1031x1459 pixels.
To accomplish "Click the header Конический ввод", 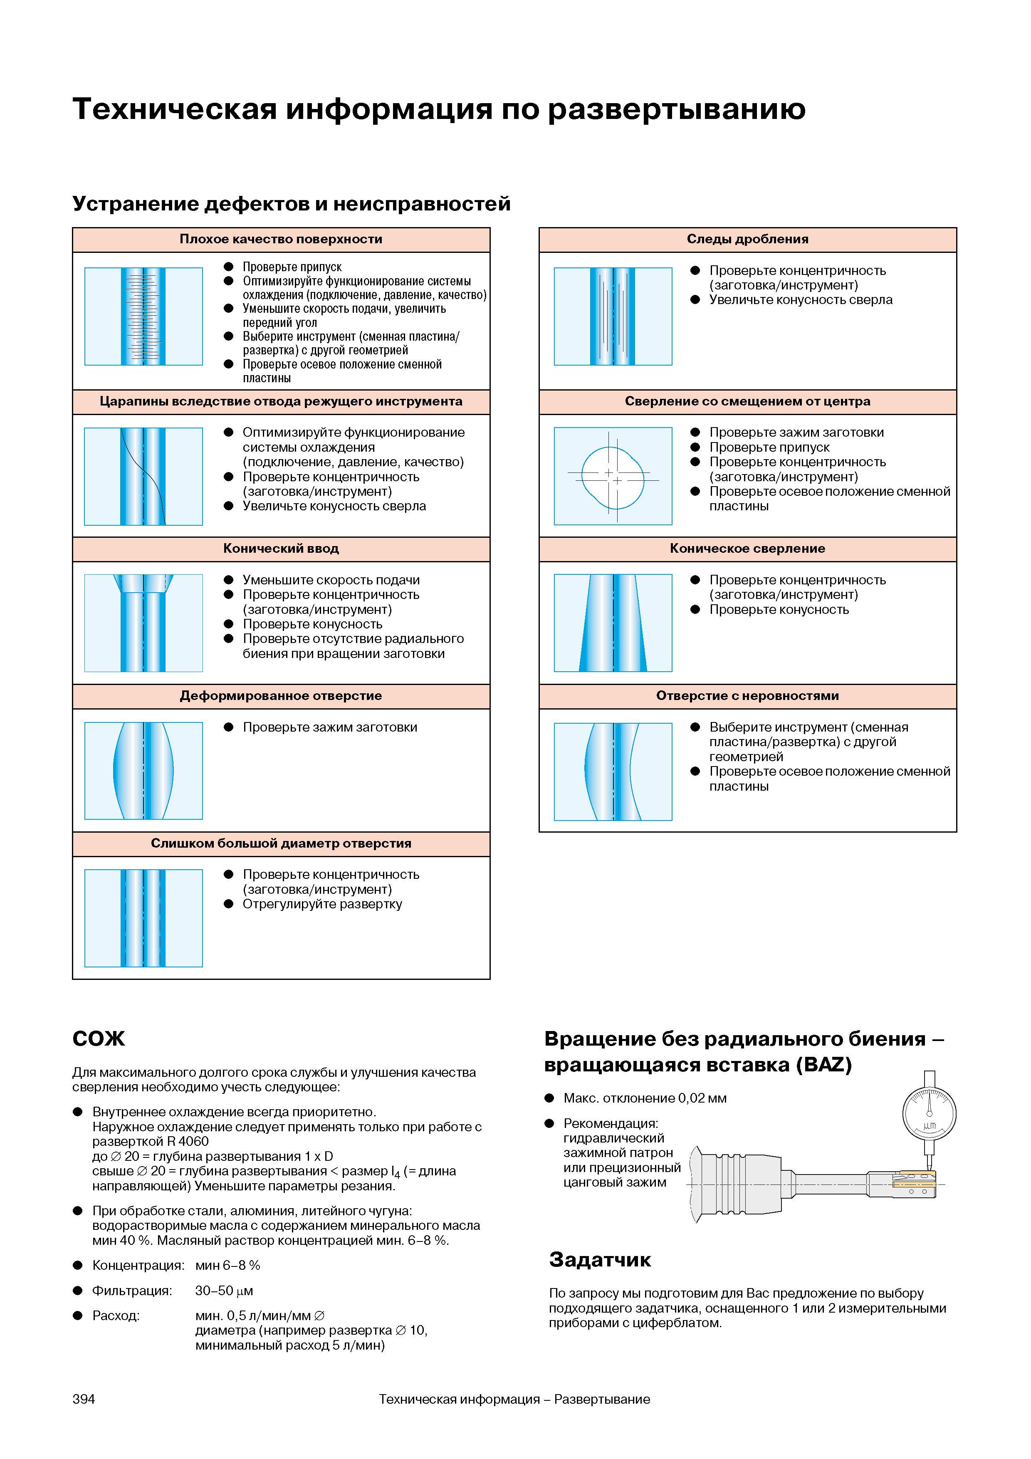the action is click(281, 549).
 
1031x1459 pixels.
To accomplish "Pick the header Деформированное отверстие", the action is click(281, 696).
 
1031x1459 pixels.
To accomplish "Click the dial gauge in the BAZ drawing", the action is click(929, 1114).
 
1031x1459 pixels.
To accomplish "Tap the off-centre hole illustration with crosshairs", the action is click(613, 476).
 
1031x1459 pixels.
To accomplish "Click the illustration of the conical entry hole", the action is click(143, 623).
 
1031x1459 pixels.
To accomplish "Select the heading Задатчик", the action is click(600, 1259).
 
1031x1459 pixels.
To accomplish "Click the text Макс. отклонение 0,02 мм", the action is click(645, 1098).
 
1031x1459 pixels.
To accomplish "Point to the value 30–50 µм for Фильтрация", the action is click(224, 1291).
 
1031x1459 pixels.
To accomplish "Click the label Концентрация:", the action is click(138, 1265).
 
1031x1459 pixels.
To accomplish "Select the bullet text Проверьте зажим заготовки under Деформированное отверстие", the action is click(330, 727).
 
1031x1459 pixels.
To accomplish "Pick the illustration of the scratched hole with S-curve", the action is click(143, 476).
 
